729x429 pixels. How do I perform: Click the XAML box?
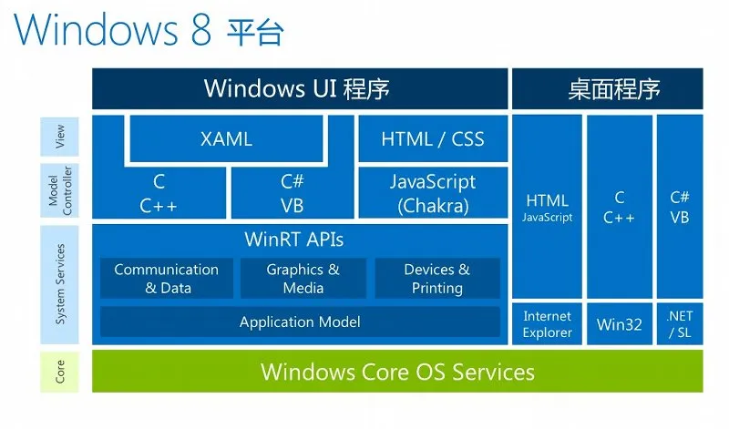tap(226, 138)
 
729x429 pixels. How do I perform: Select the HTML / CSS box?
tap(433, 138)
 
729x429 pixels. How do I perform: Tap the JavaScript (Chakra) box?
tap(433, 193)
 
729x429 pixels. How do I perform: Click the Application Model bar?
tap(300, 322)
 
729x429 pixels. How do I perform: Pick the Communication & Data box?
tap(167, 279)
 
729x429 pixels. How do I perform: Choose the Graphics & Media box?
tap(303, 279)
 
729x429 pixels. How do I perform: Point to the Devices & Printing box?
tap(437, 279)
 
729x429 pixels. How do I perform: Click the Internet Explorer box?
tap(547, 324)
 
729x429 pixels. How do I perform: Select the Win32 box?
tap(620, 324)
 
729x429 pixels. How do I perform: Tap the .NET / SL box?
tap(680, 324)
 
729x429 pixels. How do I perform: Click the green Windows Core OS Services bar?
tap(397, 372)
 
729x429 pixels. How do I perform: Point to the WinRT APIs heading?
tap(293, 240)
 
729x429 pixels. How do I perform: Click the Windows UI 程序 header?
tap(300, 88)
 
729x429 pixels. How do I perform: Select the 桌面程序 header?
tap(608, 88)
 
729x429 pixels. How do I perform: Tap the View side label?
tap(59, 137)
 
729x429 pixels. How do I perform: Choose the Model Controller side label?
tap(59, 190)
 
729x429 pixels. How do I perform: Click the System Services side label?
tap(59, 284)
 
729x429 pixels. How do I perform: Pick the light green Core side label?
tap(59, 372)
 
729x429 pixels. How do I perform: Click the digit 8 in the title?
tap(200, 29)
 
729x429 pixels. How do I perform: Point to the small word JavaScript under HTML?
tap(548, 218)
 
